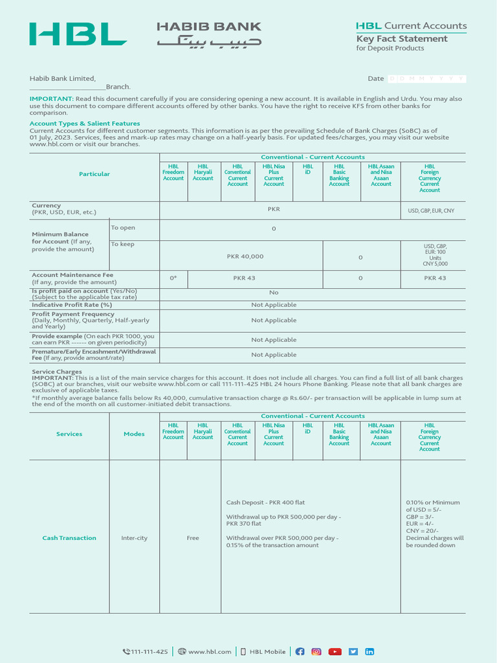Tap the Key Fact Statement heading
pos(402,39)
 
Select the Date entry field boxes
pos(426,78)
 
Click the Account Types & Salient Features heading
pos(85,123)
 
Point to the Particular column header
pos(94,174)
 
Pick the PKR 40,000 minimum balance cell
pos(245,256)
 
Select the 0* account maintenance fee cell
pos(173,278)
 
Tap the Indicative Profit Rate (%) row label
pos(72,304)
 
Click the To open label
pos(123,228)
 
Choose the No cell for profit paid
pos(273,293)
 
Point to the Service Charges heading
pos(57,372)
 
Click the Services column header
pos(69,434)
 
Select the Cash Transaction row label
pos(69,538)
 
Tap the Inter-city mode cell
pos(134,538)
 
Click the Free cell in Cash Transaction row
pos(193,538)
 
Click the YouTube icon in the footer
pos(335,651)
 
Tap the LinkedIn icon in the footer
pos(370,651)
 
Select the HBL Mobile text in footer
pos(267,652)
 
